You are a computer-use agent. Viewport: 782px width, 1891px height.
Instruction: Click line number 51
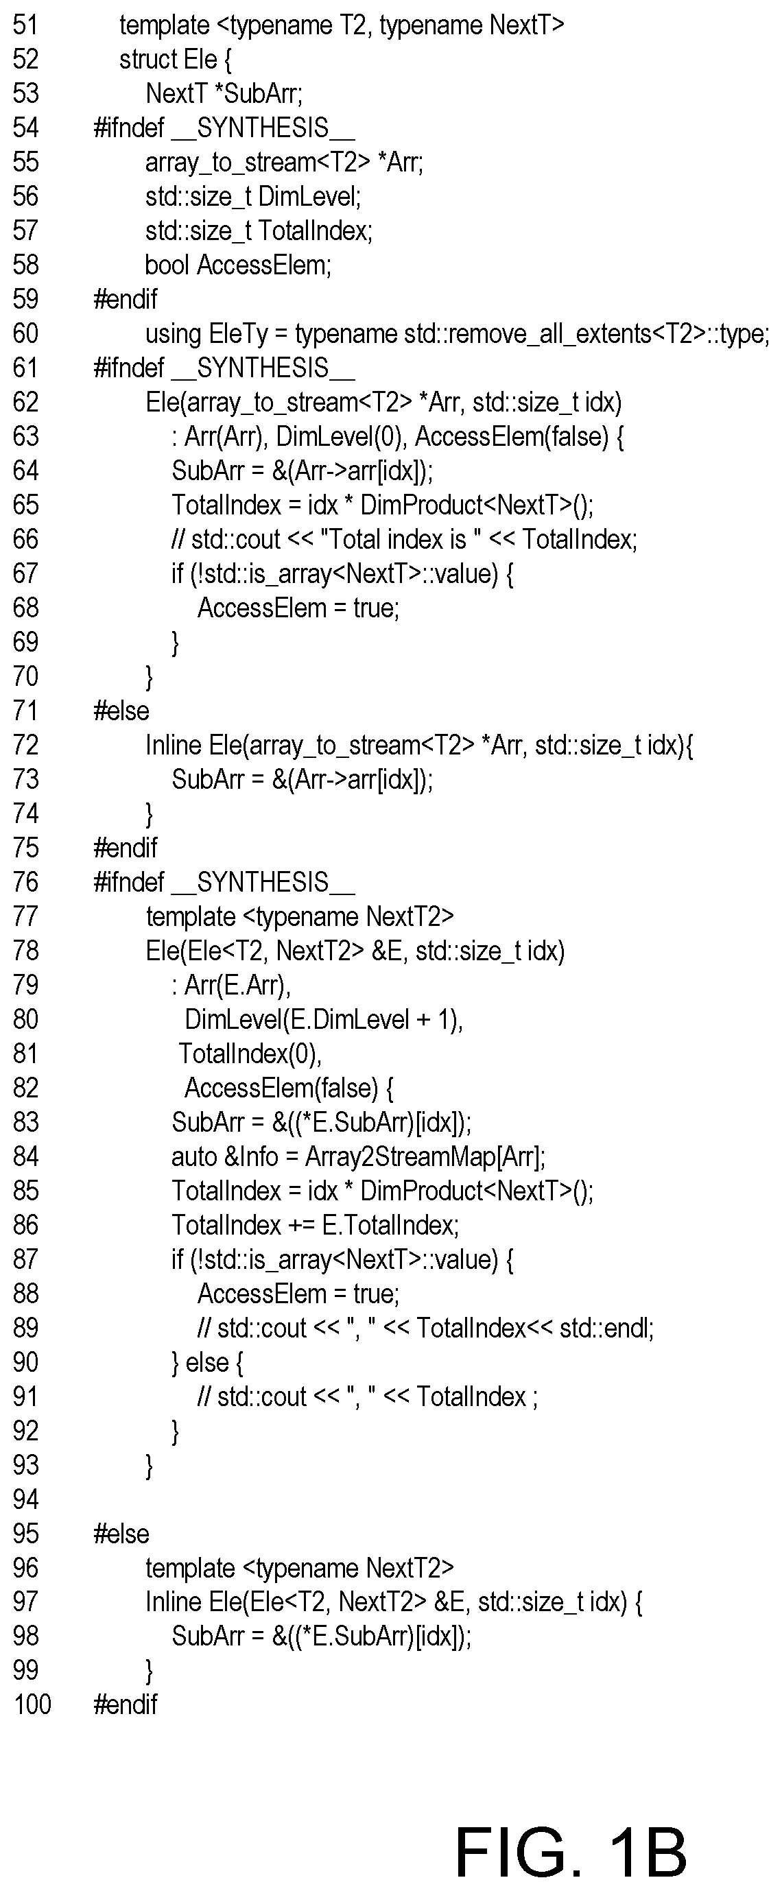coord(25,25)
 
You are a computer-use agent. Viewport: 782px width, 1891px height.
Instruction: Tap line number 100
coord(32,1704)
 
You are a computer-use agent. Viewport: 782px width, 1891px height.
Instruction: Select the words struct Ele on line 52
coord(168,60)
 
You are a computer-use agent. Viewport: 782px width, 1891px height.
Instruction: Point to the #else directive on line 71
coord(121,711)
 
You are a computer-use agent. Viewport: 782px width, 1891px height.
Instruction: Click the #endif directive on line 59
coord(125,300)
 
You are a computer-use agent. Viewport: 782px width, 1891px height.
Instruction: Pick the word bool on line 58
coord(167,265)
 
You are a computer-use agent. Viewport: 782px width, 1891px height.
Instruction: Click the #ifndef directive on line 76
coord(128,882)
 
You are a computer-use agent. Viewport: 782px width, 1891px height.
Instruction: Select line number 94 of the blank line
coord(25,1499)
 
